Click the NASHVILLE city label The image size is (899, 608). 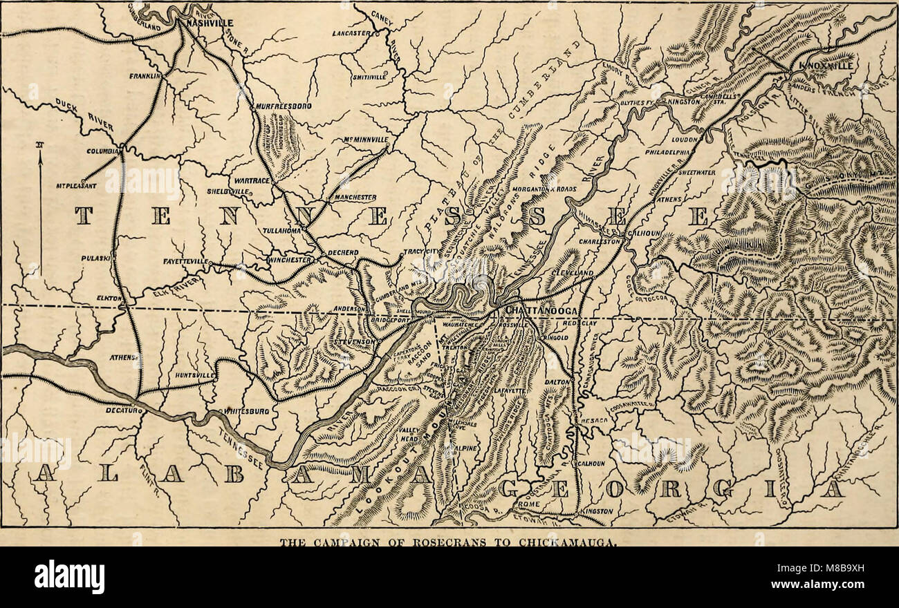(x=207, y=22)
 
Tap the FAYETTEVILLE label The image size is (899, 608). (x=186, y=262)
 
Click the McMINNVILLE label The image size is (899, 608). (x=367, y=140)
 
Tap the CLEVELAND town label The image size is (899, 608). (x=573, y=274)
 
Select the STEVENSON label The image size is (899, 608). (x=354, y=341)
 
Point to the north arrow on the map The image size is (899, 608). (x=39, y=207)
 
